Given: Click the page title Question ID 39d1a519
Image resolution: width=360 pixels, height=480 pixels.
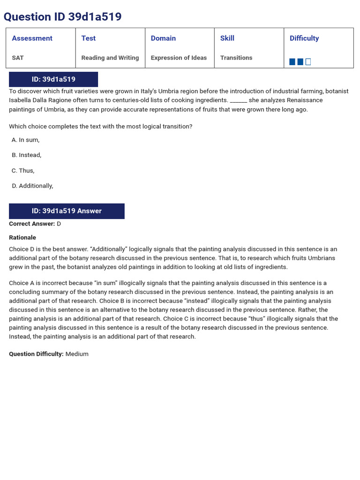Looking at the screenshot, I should [62, 17].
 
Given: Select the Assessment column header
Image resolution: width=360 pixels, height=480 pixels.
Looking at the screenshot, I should [32, 38].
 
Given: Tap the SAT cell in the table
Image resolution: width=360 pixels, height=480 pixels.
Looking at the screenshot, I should [18, 58].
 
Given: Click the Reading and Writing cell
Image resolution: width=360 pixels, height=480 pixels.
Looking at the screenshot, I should [110, 58].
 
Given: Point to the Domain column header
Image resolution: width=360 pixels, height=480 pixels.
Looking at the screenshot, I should [163, 38].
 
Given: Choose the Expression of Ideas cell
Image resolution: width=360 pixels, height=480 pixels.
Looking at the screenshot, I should [179, 58].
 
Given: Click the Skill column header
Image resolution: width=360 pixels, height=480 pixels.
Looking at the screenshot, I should [227, 38].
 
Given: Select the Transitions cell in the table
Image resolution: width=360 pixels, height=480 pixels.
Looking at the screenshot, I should [236, 58].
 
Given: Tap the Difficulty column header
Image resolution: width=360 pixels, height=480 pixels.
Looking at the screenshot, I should [304, 38].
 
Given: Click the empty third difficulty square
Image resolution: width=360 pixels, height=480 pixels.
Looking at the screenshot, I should [308, 62].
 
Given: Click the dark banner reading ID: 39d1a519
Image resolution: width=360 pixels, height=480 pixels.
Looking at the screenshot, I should [53, 79].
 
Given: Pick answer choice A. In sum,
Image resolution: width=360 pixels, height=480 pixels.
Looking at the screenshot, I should [26, 140].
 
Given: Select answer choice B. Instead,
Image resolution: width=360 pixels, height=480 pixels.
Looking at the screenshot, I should [27, 155].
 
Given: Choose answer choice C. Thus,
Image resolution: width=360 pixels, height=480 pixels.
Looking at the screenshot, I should [23, 171].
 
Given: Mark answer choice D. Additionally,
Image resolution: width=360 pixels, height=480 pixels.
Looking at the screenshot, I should [33, 186].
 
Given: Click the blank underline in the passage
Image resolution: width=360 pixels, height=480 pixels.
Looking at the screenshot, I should [239, 101].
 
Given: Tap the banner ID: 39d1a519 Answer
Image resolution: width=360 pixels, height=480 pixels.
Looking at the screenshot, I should [67, 211].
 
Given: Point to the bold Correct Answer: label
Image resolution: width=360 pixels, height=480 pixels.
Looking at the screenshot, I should [32, 224].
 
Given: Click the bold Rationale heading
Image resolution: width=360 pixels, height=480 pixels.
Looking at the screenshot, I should [22, 238].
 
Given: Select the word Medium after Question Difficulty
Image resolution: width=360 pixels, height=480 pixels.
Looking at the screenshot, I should [77, 354].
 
